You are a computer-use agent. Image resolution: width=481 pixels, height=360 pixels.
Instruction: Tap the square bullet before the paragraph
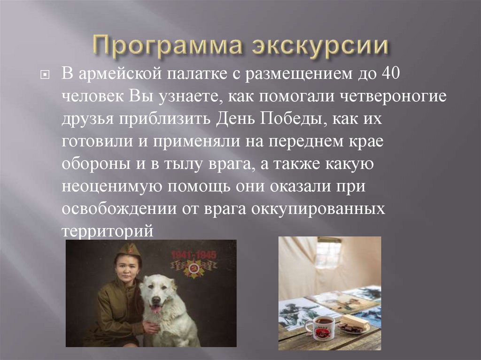[45, 76]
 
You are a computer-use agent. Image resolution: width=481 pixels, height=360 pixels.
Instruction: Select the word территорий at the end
[108, 231]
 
